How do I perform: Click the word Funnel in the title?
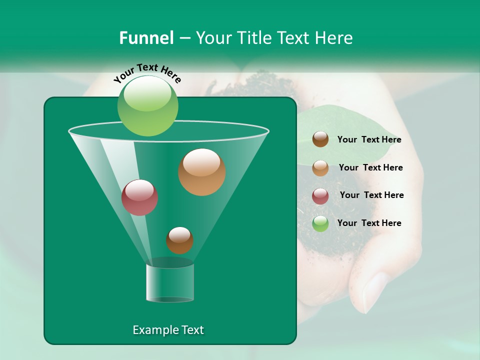[x=146, y=38]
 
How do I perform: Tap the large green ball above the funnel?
[x=147, y=105]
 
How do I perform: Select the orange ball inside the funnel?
[x=201, y=172]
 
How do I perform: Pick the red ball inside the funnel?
[x=139, y=197]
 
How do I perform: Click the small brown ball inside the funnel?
[x=179, y=240]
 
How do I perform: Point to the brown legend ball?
[x=320, y=139]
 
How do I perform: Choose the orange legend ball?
[x=320, y=168]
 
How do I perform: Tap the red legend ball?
[x=320, y=196]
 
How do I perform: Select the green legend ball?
[x=320, y=223]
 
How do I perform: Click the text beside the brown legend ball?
[x=369, y=140]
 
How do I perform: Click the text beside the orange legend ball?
[x=370, y=167]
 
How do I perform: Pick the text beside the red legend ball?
[x=371, y=195]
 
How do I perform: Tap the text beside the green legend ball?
[x=369, y=223]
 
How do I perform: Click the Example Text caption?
[x=168, y=330]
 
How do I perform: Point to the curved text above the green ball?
[x=147, y=72]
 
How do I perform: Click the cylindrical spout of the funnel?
[x=170, y=282]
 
